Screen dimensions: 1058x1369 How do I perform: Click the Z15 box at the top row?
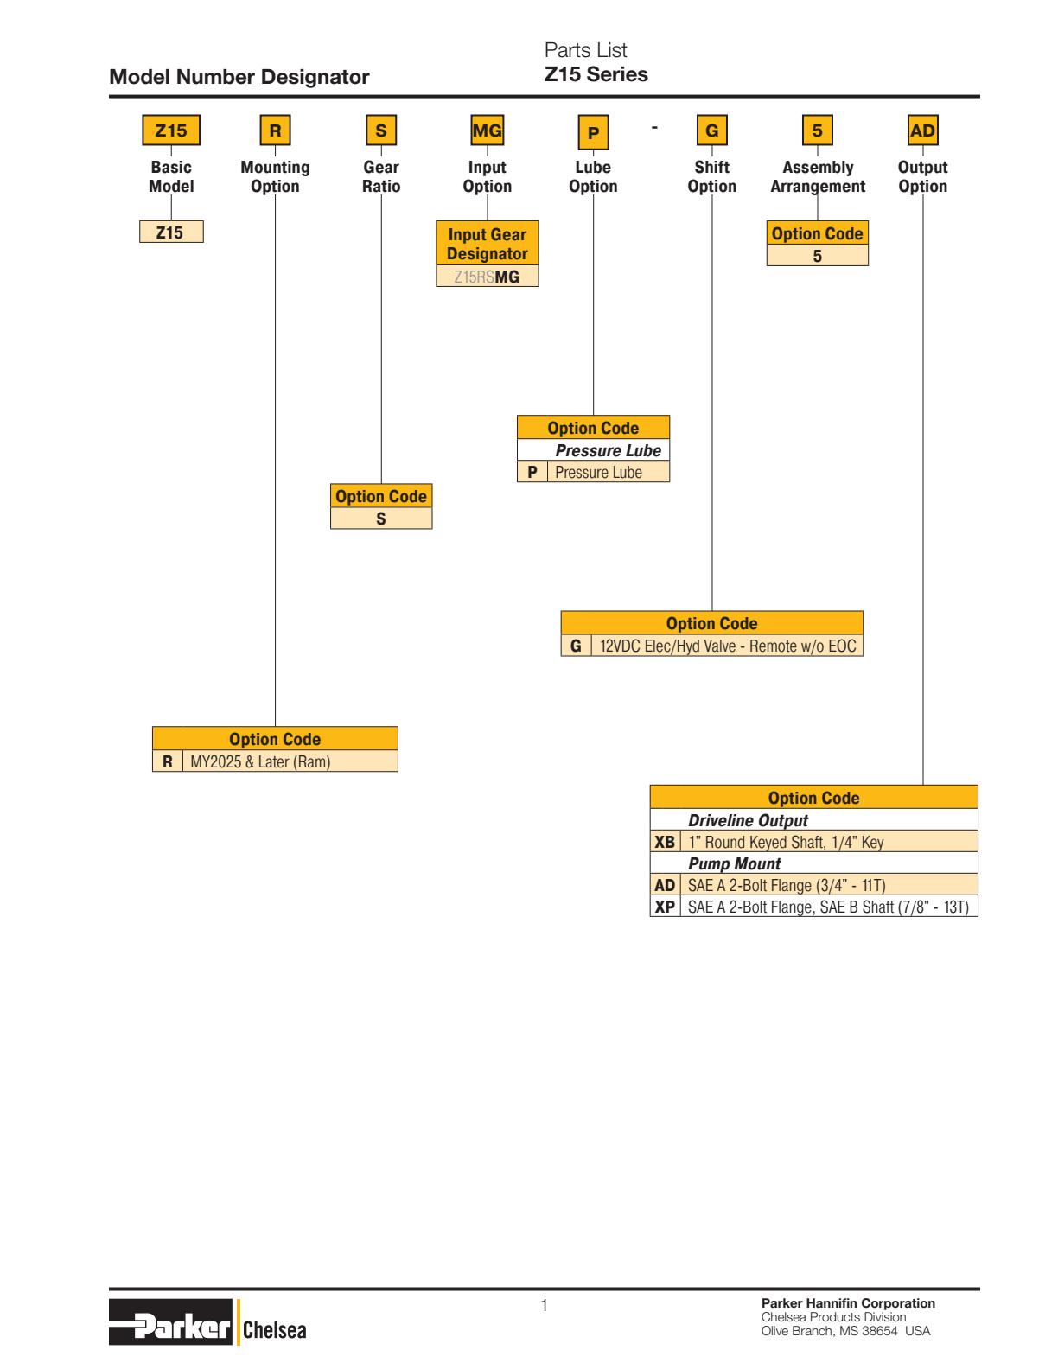point(171,131)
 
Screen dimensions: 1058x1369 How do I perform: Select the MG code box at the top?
point(488,131)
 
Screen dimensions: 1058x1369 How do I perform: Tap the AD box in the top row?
point(922,131)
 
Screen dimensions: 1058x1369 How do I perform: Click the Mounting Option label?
point(276,176)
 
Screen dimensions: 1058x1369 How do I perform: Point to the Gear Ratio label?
point(381,176)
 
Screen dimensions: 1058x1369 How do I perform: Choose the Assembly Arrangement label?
point(818,176)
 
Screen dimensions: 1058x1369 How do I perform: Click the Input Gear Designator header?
point(488,243)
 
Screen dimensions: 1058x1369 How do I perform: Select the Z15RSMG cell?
point(488,276)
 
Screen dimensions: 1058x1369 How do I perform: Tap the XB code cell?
point(665,842)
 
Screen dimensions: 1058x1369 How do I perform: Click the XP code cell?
point(665,907)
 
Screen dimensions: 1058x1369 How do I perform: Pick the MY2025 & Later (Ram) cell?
point(290,761)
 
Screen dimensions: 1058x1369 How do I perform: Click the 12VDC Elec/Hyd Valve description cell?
point(727,646)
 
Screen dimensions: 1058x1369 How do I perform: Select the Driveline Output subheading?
point(748,820)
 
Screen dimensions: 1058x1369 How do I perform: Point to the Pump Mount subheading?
point(734,863)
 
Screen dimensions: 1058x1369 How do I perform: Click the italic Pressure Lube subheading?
point(608,450)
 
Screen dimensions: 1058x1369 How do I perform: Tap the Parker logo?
point(170,1321)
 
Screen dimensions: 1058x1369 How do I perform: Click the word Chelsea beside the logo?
point(275,1330)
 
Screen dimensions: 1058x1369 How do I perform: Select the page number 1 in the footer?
point(544,1305)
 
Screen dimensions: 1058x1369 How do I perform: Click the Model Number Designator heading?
point(239,77)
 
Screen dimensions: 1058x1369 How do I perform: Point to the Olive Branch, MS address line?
point(845,1331)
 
